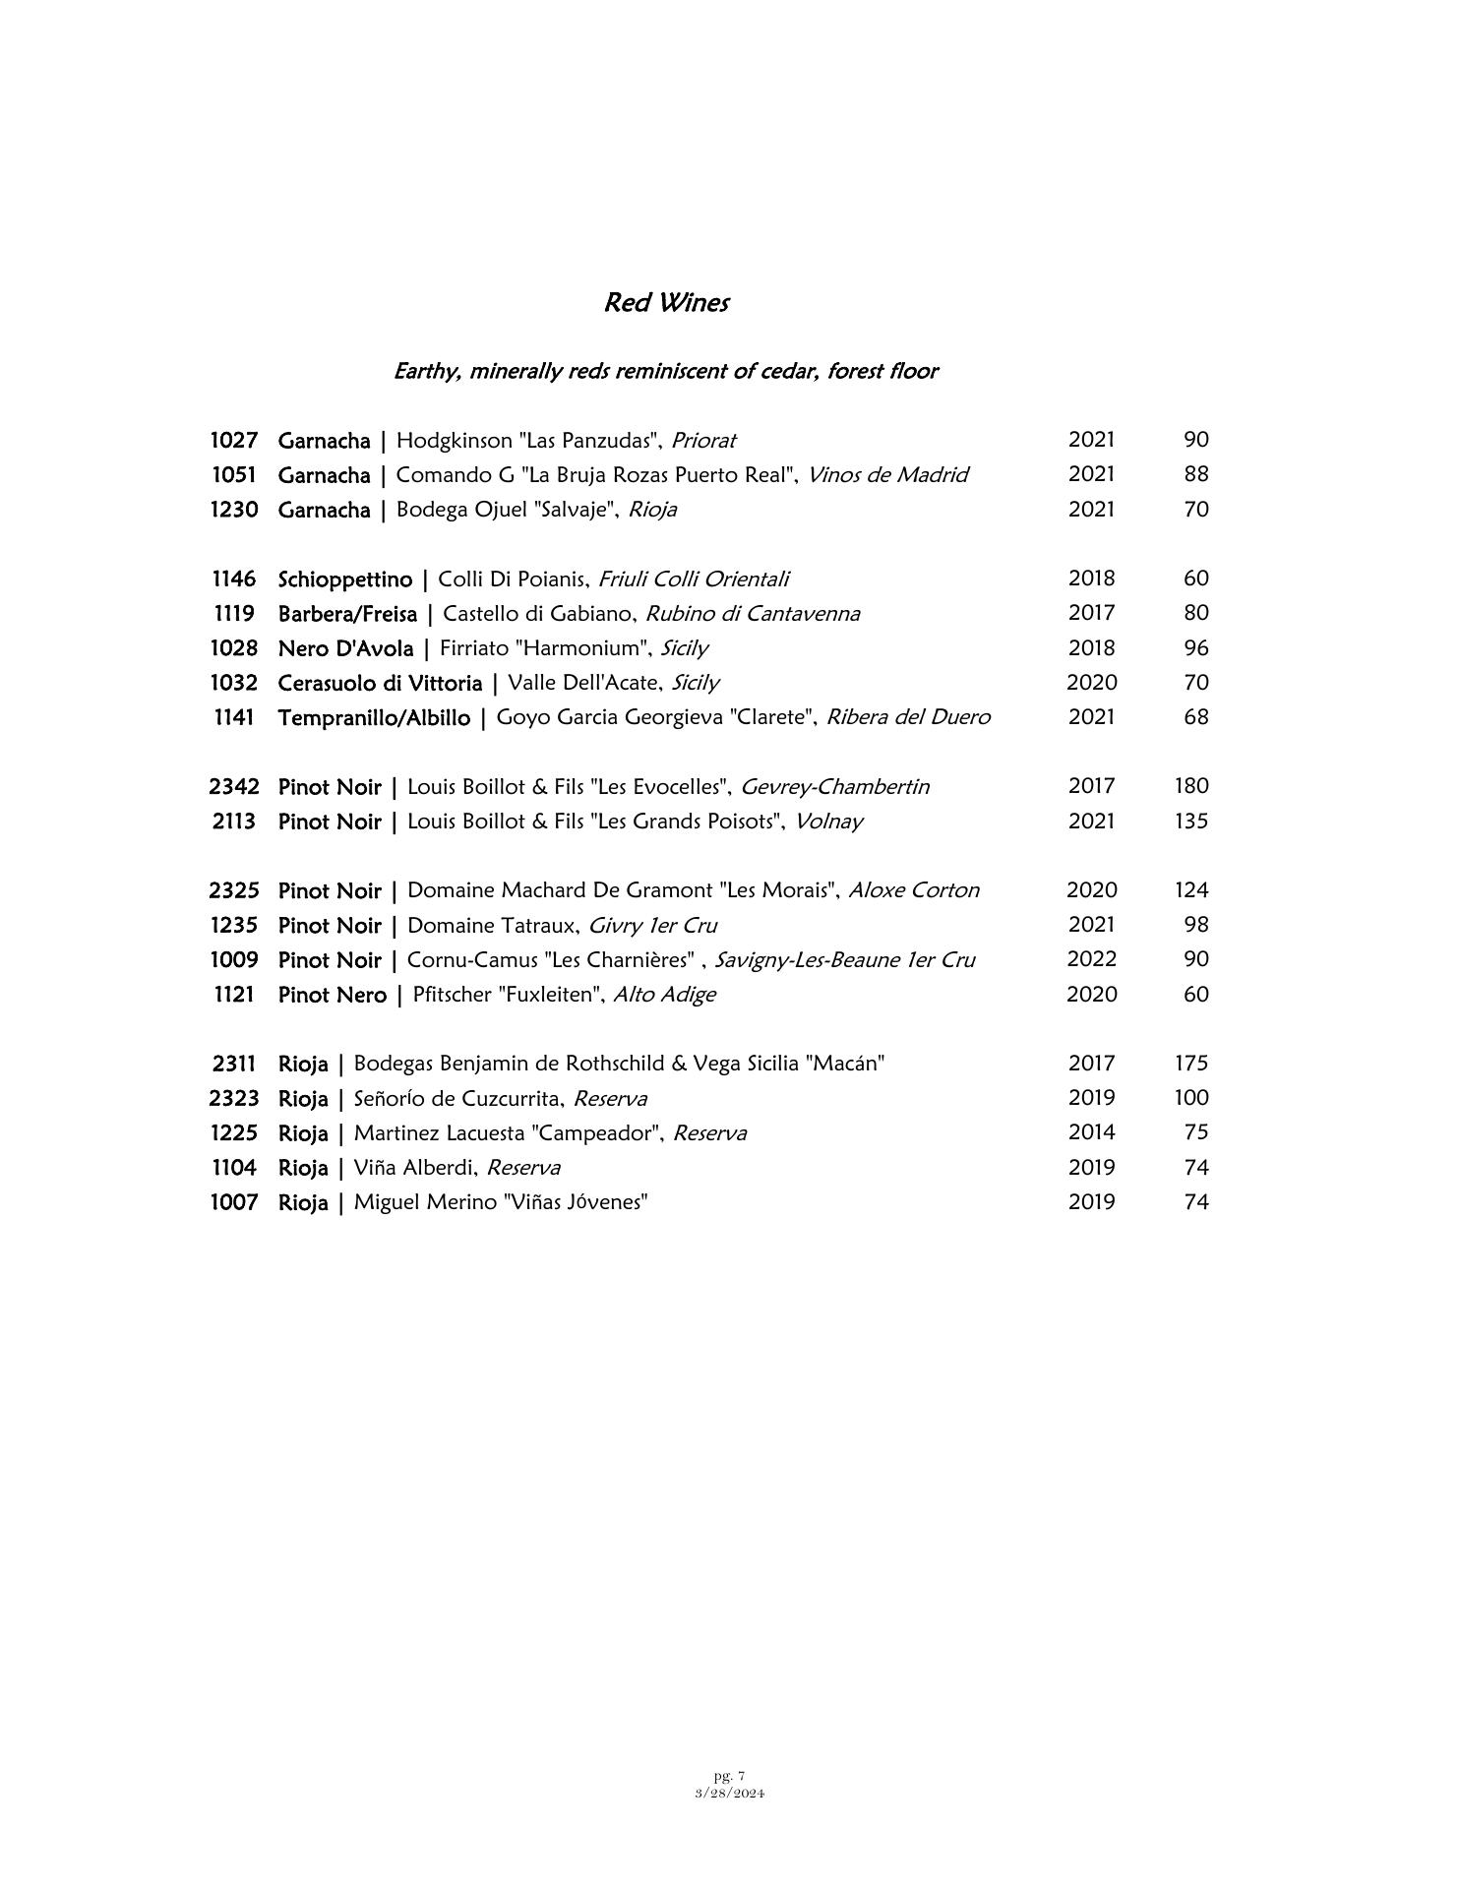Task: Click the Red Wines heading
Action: (666, 302)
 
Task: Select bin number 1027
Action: (234, 440)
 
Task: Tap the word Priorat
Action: (703, 440)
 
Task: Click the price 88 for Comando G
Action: (1195, 474)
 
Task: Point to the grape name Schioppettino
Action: (345, 579)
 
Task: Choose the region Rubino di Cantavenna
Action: (753, 614)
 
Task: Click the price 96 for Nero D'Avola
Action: (1195, 648)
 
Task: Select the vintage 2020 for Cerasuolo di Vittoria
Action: (1091, 683)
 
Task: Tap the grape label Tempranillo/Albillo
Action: (374, 718)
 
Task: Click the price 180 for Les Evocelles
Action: (1190, 786)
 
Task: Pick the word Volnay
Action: (828, 822)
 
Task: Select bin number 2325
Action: (234, 890)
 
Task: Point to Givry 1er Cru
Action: (652, 926)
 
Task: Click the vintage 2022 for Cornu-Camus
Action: (1091, 959)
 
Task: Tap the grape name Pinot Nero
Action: (333, 995)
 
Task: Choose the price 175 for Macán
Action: (1190, 1064)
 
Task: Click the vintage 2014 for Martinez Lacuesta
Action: (1091, 1132)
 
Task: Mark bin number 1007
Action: (234, 1202)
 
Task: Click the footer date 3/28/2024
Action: (730, 1793)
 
